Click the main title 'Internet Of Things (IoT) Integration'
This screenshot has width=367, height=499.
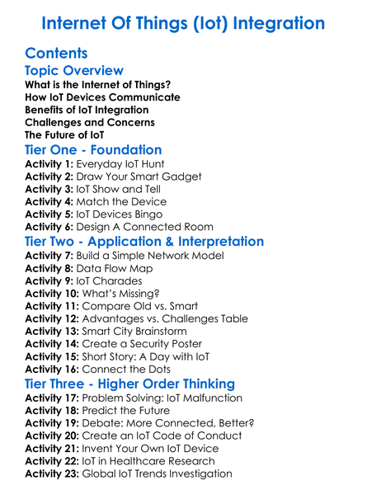tap(183, 22)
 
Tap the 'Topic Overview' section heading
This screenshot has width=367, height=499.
tap(74, 71)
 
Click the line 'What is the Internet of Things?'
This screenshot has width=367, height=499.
tap(97, 85)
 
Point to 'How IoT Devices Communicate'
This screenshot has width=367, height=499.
tap(91, 97)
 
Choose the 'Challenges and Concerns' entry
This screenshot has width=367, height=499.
tap(89, 122)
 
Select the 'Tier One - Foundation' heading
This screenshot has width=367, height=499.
tap(93, 150)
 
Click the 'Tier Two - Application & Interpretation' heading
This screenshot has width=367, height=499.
tap(144, 242)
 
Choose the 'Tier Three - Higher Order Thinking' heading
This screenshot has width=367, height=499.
tap(129, 384)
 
